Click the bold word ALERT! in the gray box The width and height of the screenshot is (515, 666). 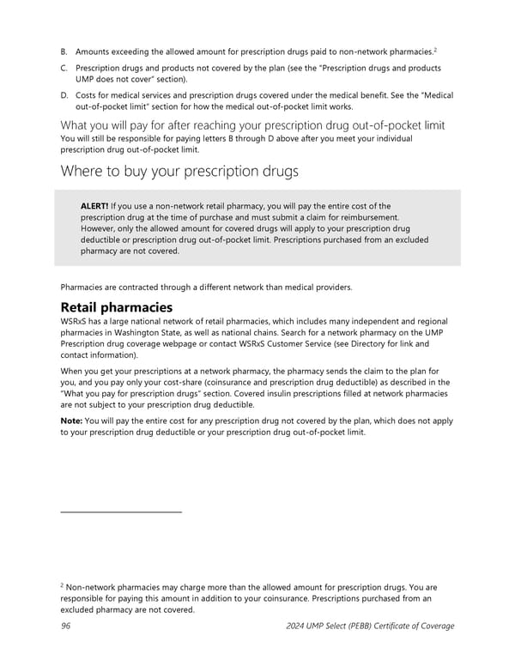click(94, 206)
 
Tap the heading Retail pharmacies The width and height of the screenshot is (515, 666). click(116, 307)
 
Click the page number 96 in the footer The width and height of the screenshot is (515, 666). click(65, 626)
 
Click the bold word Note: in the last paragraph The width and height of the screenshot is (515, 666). click(73, 421)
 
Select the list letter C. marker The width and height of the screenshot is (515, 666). click(64, 68)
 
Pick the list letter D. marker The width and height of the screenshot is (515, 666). click(64, 95)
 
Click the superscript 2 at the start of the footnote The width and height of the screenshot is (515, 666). click(62, 584)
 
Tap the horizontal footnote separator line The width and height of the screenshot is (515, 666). click(121, 512)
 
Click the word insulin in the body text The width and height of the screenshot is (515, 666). click(288, 393)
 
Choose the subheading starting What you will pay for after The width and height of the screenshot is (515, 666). click(252, 125)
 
